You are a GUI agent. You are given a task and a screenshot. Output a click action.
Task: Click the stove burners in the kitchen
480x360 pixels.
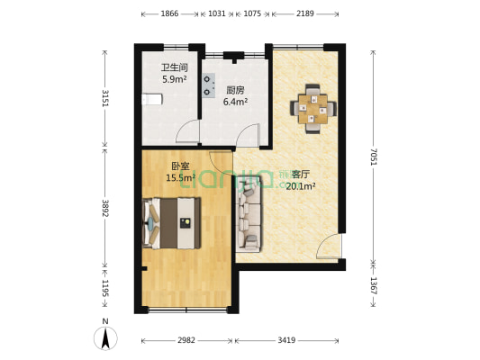pyautogui.click(x=209, y=85)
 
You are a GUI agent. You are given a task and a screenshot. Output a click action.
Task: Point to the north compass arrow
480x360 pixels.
pyautogui.click(x=106, y=338)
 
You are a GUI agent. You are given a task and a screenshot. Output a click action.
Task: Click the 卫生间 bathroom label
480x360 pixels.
pyautogui.click(x=174, y=67)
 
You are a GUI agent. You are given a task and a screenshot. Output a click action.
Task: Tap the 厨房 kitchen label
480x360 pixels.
pyautogui.click(x=236, y=90)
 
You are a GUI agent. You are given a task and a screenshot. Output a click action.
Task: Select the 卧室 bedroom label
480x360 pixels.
pyautogui.click(x=180, y=166)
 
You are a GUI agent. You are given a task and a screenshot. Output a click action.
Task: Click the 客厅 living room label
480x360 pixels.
pyautogui.click(x=300, y=175)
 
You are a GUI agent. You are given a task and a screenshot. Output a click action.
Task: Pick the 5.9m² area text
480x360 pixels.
pyautogui.click(x=174, y=80)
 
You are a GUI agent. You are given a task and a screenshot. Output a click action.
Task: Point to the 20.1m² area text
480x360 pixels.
pyautogui.click(x=300, y=187)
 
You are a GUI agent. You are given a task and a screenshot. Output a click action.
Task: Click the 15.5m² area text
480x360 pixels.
pyautogui.click(x=180, y=178)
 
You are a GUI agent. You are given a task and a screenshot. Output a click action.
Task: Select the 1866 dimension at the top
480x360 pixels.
pyautogui.click(x=168, y=14)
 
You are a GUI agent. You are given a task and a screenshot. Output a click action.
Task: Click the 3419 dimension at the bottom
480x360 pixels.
pyautogui.click(x=287, y=341)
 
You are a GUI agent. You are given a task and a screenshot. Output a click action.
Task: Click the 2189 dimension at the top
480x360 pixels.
pyautogui.click(x=306, y=14)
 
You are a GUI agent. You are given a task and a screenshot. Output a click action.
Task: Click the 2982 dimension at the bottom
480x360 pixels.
pyautogui.click(x=187, y=341)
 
